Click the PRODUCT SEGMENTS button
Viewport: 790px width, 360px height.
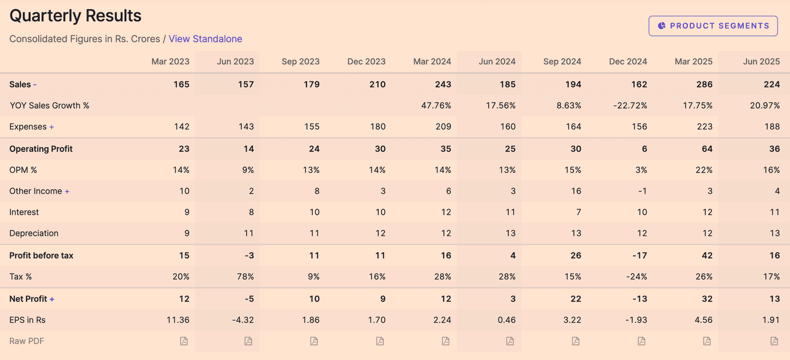[713, 26]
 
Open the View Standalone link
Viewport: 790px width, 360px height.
[205, 39]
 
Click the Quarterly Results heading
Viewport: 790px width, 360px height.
[76, 16]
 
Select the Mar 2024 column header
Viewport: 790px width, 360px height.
[432, 62]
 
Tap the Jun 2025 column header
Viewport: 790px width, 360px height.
[761, 62]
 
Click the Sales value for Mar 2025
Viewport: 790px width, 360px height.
[704, 85]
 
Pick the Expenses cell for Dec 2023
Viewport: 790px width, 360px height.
[378, 127]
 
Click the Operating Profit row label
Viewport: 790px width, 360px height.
[41, 149]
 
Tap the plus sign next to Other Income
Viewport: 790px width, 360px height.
[67, 191]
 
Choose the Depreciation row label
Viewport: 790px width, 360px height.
[34, 233]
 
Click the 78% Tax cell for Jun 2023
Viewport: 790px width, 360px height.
[245, 276]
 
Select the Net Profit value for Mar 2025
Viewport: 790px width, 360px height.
[706, 299]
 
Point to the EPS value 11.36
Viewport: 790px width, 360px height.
[178, 320]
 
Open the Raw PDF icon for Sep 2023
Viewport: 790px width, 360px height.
[314, 341]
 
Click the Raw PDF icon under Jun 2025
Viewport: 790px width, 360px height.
[774, 341]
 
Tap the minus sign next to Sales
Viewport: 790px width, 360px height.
[34, 85]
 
